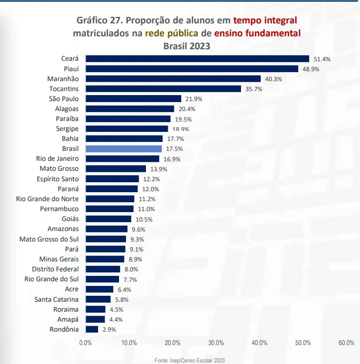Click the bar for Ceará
coord(197,59)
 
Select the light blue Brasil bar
coord(123,148)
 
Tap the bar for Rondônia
coord(92,329)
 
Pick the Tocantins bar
coord(163,89)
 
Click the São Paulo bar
coord(133,99)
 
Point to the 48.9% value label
coord(310,69)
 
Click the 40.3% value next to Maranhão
coord(273,79)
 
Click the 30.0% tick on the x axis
coord(216,343)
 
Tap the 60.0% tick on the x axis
coord(346,343)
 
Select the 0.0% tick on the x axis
coord(86,343)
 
